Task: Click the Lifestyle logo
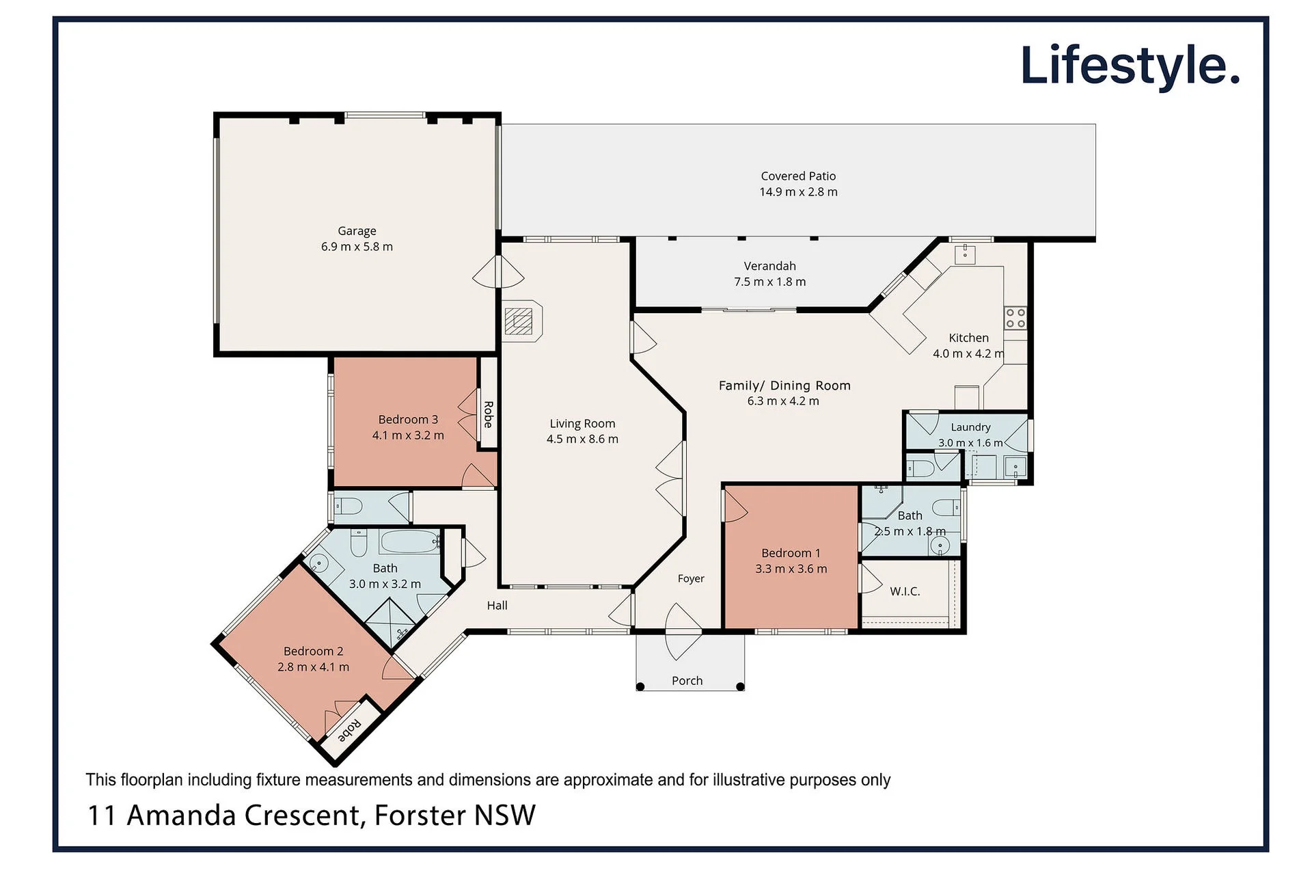[1130, 67]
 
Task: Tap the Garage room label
[357, 231]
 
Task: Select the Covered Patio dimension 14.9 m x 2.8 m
[798, 192]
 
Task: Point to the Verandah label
[769, 266]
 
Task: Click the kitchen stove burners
[1015, 318]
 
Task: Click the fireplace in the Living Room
[522, 321]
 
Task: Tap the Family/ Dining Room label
[784, 386]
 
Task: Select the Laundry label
[970, 427]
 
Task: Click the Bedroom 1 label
[791, 553]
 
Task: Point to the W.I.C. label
[905, 591]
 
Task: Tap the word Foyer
[691, 579]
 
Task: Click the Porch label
[687, 681]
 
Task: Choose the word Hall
[497, 606]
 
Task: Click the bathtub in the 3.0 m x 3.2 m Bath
[410, 542]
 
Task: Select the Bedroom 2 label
[313, 651]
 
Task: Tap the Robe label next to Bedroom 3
[488, 414]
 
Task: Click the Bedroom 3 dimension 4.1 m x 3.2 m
[408, 435]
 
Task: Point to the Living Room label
[582, 424]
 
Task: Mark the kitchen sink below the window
[964, 255]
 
